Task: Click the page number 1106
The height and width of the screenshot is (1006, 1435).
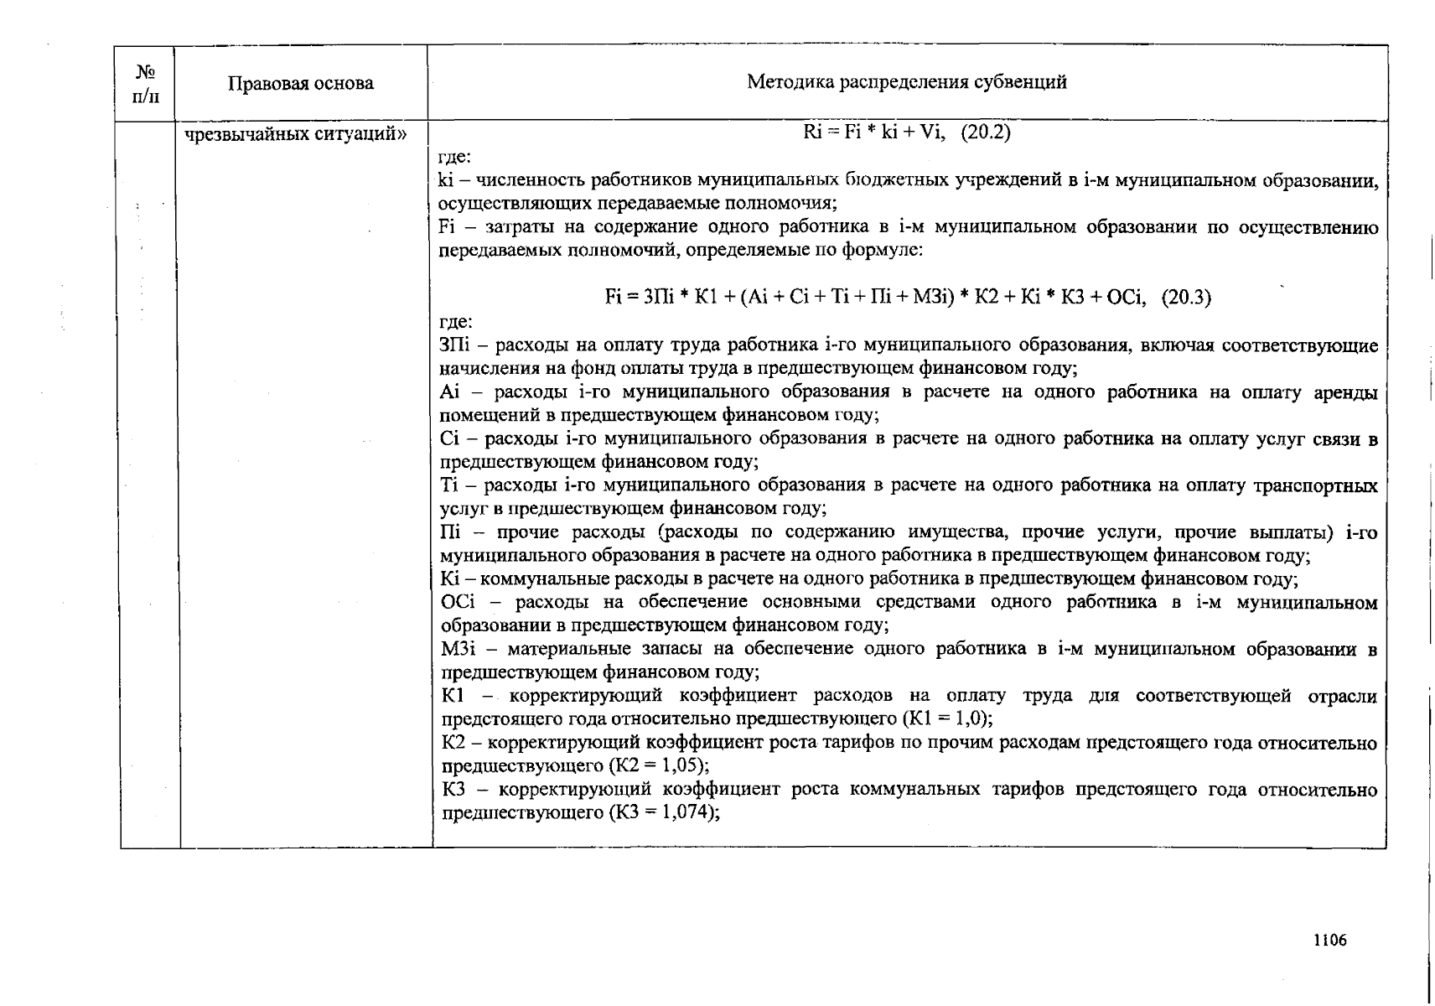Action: click(x=1329, y=940)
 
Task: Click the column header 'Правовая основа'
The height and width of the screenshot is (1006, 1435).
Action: click(x=300, y=83)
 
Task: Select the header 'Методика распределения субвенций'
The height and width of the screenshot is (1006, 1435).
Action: click(x=906, y=81)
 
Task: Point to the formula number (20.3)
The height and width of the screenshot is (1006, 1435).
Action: click(x=1185, y=297)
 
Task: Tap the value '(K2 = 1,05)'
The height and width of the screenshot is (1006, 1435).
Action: click(x=659, y=765)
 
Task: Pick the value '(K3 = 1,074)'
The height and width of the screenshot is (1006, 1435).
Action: click(x=665, y=812)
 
